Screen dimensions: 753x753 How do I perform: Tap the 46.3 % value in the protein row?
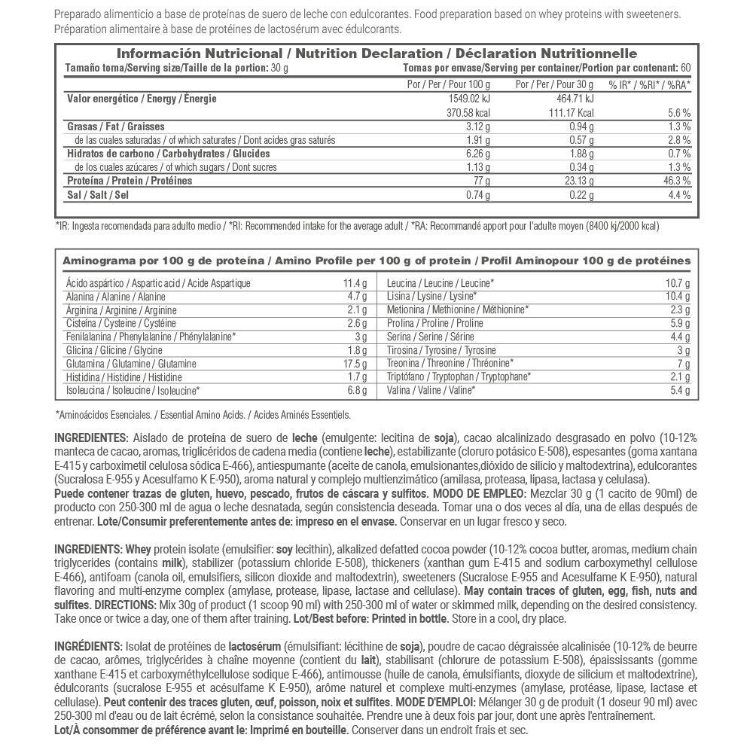point(677,181)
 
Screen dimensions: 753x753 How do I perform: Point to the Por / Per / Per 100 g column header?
point(448,84)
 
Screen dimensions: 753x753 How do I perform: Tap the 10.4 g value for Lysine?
point(678,297)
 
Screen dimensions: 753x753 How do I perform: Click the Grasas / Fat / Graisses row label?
point(116,127)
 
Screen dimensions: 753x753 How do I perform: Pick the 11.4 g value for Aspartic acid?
point(354,283)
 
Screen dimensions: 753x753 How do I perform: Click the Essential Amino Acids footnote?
point(203,414)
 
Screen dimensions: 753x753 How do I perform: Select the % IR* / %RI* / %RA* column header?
point(649,84)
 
